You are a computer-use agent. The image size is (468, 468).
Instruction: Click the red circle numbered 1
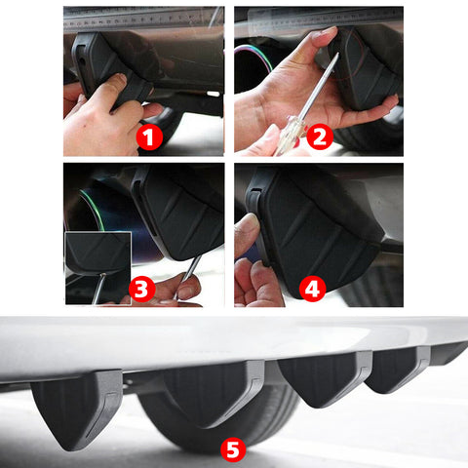(148, 136)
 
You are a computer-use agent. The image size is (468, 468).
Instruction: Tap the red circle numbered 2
(317, 136)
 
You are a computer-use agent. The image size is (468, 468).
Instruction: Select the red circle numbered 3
(142, 288)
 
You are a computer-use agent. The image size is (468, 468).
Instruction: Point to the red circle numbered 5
(232, 449)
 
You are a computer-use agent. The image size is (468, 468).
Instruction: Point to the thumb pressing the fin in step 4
(248, 234)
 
